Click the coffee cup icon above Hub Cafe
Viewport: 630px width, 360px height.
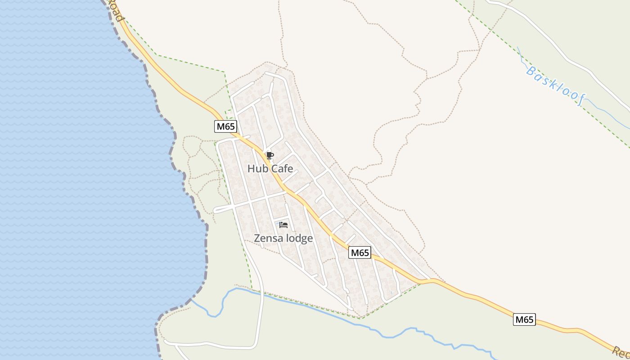coord(270,156)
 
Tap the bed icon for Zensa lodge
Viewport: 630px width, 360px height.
coord(283,225)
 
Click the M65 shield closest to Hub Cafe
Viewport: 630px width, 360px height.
coord(225,126)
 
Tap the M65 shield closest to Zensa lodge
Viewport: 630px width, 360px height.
coord(360,253)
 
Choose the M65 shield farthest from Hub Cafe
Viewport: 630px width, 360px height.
coord(524,320)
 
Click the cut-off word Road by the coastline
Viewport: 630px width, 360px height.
coord(116,11)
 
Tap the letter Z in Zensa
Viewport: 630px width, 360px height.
coord(257,238)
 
